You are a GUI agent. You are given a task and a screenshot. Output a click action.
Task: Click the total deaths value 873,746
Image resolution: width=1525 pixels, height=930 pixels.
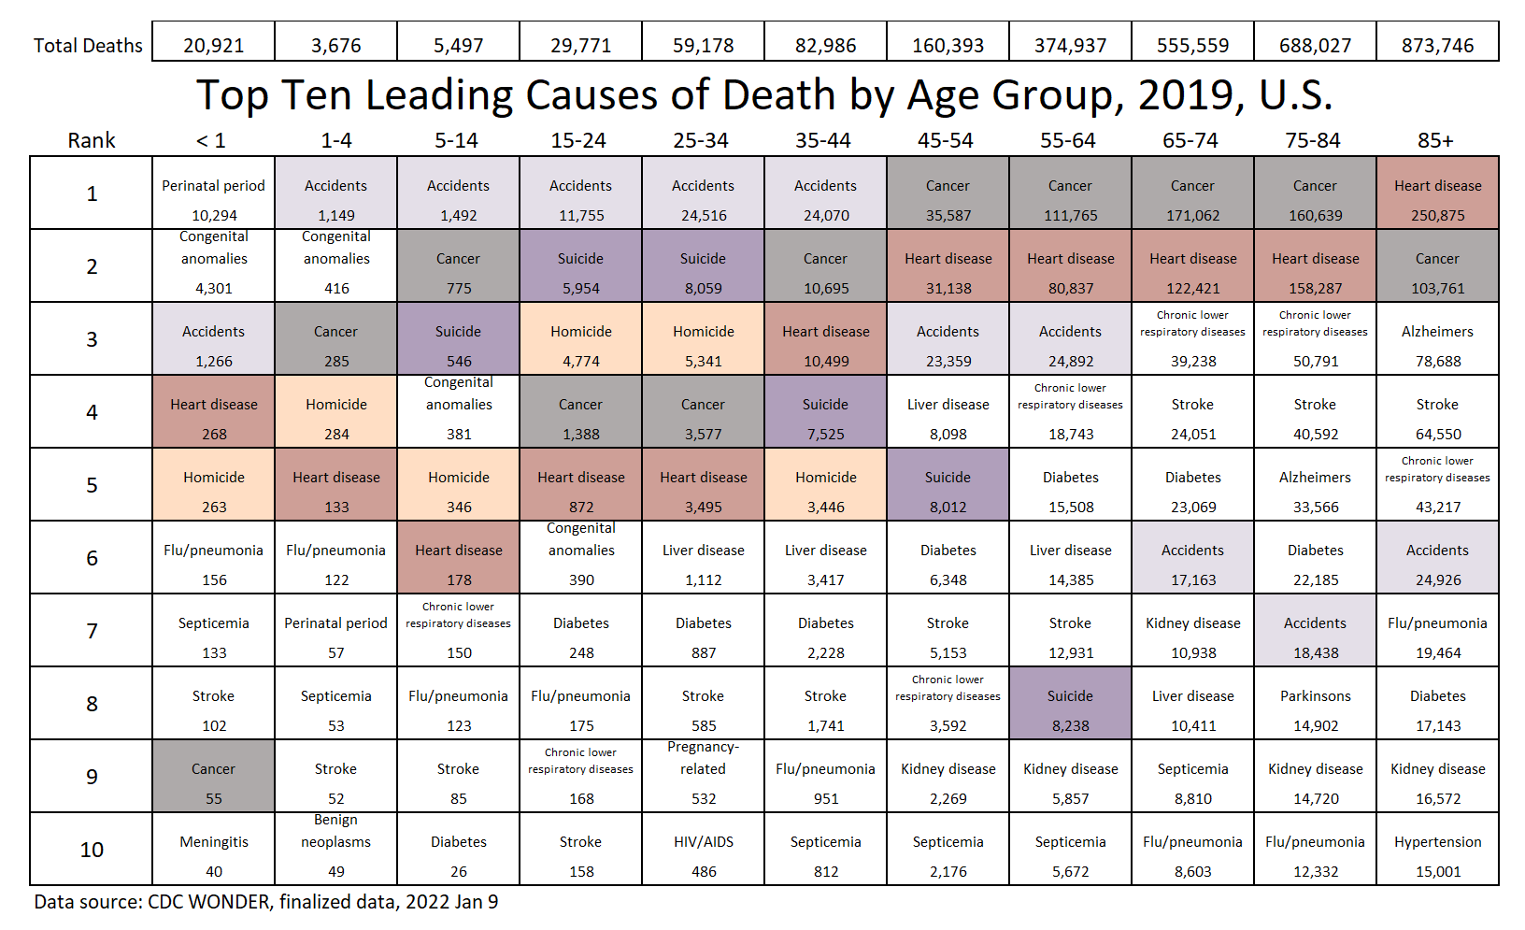click(x=1437, y=45)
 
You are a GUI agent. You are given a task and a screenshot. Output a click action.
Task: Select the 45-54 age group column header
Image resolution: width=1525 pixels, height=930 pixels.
click(x=946, y=140)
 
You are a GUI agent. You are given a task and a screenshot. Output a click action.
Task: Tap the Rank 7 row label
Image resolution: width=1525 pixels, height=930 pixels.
click(x=92, y=631)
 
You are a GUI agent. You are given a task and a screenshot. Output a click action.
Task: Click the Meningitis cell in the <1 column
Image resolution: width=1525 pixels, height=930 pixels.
click(x=214, y=850)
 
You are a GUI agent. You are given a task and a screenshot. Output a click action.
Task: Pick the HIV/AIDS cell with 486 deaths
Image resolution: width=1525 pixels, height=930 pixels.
click(x=704, y=850)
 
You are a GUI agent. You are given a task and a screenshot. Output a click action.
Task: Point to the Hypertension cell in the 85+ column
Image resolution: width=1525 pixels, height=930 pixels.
click(x=1437, y=850)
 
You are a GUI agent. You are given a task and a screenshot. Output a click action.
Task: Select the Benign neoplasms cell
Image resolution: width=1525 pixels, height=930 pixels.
click(x=336, y=848)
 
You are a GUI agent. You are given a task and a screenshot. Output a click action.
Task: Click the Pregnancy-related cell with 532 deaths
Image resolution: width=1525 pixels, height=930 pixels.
click(x=704, y=776)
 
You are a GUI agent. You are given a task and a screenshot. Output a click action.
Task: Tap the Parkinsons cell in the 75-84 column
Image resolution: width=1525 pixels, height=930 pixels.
click(x=1315, y=704)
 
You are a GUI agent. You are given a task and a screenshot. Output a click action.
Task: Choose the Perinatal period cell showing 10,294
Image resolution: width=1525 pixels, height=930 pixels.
click(x=214, y=193)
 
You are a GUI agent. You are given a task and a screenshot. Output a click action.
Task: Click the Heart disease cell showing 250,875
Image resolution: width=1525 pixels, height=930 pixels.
click(x=1437, y=193)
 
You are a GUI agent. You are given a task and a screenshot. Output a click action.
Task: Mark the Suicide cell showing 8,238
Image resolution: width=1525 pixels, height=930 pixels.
click(x=1070, y=704)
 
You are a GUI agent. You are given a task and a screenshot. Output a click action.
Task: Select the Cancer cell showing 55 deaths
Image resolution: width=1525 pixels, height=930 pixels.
click(x=214, y=777)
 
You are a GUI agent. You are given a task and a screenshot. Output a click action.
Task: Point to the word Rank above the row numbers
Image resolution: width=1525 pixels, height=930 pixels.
click(x=92, y=140)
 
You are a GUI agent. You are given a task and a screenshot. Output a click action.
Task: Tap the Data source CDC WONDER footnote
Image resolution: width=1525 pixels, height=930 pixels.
click(x=266, y=902)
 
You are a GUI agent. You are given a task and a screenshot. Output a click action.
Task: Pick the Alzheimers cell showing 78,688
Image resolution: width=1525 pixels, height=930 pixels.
click(x=1437, y=339)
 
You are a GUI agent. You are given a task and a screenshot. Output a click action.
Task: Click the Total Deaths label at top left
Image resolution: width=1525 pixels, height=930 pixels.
click(x=88, y=45)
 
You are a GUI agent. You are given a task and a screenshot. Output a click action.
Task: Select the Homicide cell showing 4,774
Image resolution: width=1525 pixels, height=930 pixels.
click(x=581, y=339)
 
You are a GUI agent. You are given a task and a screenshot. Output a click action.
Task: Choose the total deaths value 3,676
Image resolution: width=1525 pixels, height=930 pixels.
click(x=336, y=45)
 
